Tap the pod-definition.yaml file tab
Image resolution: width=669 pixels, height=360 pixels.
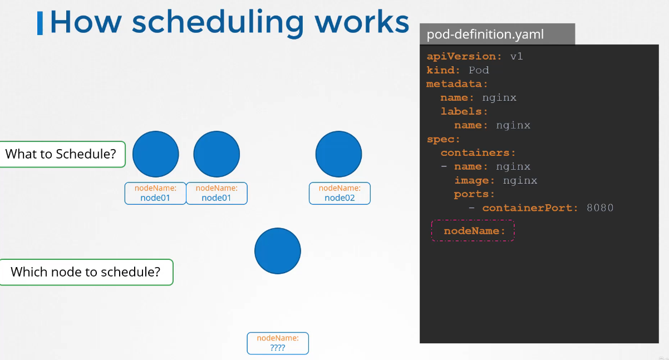pos(497,34)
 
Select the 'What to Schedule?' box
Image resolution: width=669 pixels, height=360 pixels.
pos(62,154)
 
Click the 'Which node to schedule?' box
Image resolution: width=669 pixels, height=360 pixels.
pos(86,272)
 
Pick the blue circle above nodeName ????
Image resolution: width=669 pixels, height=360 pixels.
pos(278,251)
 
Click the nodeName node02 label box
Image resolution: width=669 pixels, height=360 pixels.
pos(340,193)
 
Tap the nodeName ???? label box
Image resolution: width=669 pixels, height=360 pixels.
pos(278,343)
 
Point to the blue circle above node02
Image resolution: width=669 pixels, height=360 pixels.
pos(338,154)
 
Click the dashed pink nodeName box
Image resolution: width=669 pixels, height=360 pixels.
pos(473,230)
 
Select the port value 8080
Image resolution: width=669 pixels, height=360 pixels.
pos(600,208)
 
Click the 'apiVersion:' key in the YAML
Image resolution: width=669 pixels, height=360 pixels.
pos(464,56)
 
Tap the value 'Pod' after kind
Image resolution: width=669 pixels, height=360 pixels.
pos(479,70)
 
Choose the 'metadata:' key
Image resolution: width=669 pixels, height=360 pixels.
pos(457,84)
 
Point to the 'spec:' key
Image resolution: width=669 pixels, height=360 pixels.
pos(443,139)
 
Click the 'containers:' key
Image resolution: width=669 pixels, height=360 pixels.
pos(478,153)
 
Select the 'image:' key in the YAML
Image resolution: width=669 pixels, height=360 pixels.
pos(474,180)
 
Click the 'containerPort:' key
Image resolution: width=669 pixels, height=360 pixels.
pos(530,208)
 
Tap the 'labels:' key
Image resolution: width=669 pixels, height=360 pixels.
pos(464,111)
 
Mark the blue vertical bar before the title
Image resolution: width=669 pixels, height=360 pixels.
pos(40,23)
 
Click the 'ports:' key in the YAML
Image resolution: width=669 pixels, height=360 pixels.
pos(474,194)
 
